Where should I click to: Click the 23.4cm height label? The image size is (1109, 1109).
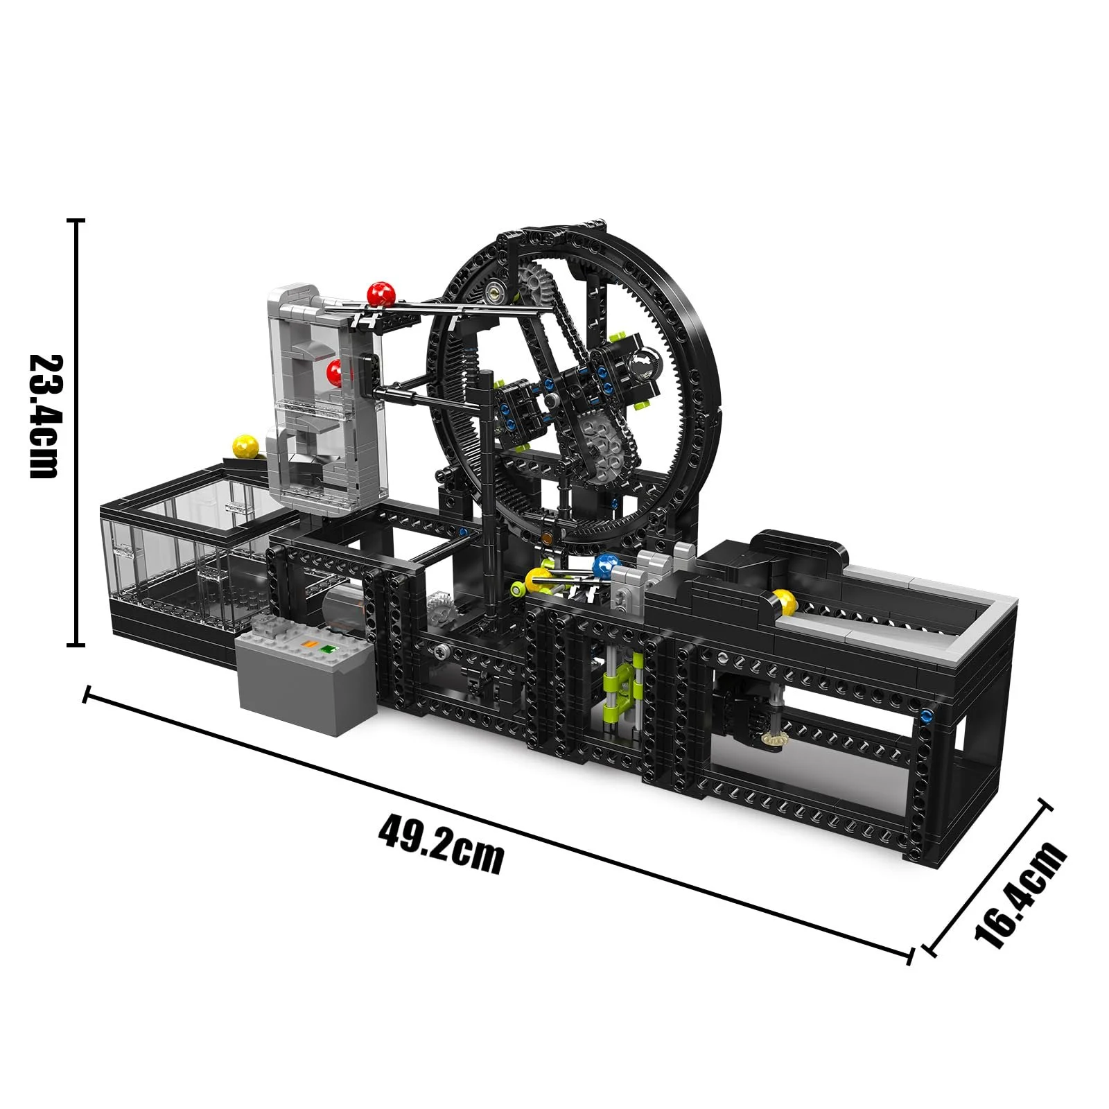click(43, 416)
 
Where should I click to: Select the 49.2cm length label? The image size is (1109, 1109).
click(441, 844)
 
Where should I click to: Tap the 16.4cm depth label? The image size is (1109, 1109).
click(1020, 894)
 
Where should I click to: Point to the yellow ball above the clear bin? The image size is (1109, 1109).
click(245, 446)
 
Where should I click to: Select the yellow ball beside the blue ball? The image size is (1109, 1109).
click(538, 579)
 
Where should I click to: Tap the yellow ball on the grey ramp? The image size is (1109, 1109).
click(785, 601)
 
